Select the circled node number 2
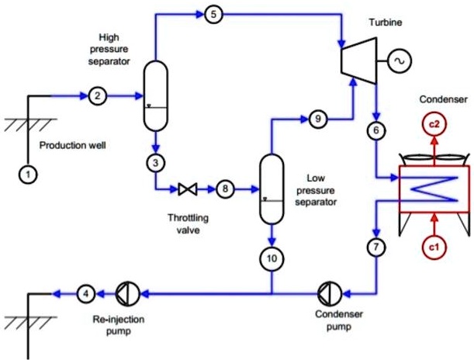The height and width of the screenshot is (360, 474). [97, 96]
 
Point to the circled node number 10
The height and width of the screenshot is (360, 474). [272, 258]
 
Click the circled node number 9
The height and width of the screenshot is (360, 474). [317, 119]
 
